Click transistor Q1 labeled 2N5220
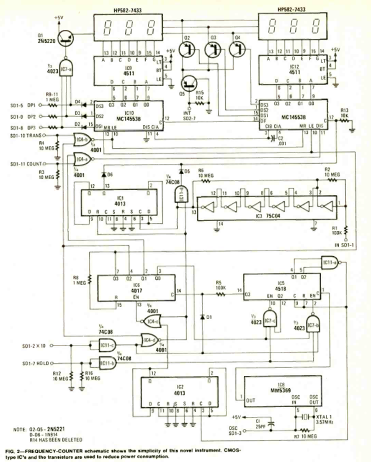[65, 38]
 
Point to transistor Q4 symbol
[238, 48]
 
